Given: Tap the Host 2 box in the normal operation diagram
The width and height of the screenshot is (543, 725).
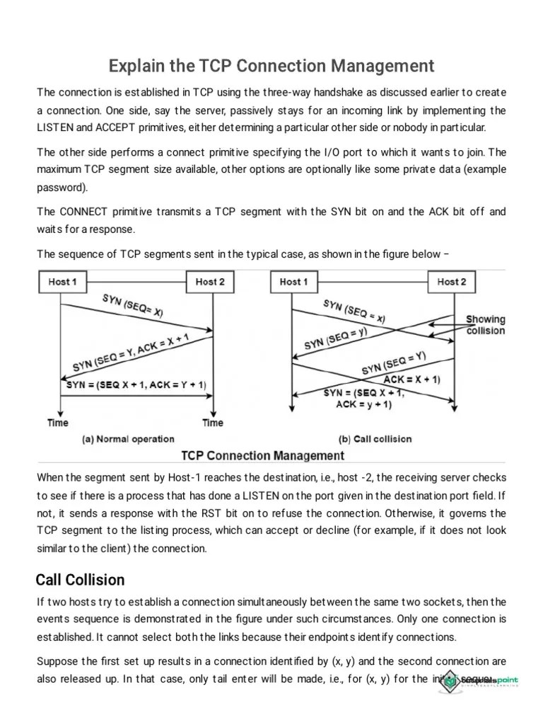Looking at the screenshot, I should (210, 282).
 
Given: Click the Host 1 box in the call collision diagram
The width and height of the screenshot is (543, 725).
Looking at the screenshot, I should (293, 282).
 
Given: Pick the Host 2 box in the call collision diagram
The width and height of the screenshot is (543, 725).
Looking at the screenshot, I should (452, 282).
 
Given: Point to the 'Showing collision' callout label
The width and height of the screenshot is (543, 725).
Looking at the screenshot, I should (485, 325).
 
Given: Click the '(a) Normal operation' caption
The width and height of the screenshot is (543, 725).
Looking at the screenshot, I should (129, 439).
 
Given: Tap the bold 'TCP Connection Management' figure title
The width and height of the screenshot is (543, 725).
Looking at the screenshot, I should (263, 455).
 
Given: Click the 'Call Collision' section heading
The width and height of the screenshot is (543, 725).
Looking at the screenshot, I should (80, 580).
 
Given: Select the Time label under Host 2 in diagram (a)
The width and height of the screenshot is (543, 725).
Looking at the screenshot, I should (213, 423).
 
